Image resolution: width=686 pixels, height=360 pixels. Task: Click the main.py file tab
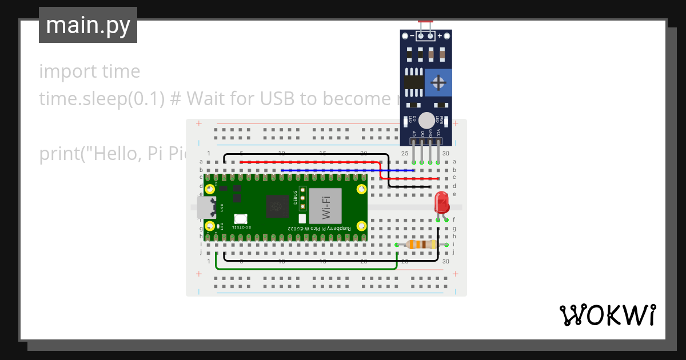coord(88,25)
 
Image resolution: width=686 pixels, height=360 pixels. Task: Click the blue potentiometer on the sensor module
coord(438,83)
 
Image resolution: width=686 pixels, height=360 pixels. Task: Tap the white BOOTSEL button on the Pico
coord(240,219)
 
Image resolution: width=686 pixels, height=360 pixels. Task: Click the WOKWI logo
coord(607,315)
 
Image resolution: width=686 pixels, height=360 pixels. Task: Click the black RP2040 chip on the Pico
coord(278,206)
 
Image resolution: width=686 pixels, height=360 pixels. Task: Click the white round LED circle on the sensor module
coord(426,120)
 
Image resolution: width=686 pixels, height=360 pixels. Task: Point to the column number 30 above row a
coord(446,154)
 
